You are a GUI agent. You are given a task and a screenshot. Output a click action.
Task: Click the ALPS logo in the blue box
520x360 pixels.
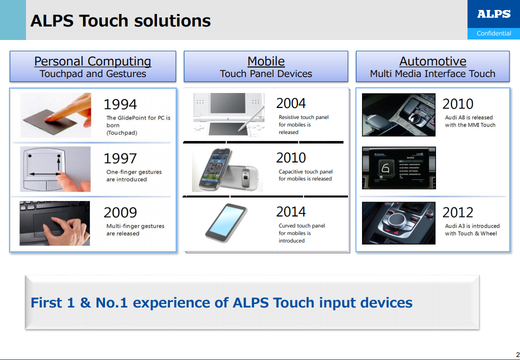(493, 14)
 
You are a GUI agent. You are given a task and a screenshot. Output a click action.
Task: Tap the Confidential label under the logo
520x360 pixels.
(494, 33)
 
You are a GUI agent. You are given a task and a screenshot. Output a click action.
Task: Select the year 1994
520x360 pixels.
(120, 104)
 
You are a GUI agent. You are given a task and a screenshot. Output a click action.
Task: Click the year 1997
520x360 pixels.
(120, 158)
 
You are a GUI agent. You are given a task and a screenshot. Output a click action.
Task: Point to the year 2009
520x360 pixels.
(120, 212)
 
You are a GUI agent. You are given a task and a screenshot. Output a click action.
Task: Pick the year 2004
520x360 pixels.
(291, 103)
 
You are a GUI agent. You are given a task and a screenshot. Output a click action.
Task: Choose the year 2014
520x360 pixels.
(291, 212)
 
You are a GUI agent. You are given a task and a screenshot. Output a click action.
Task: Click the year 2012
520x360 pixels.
(457, 212)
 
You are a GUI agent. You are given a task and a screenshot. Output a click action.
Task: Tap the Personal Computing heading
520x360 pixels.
(92, 61)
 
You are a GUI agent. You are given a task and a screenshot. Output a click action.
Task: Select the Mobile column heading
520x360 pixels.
(266, 61)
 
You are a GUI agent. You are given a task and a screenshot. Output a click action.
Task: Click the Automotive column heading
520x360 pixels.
(432, 61)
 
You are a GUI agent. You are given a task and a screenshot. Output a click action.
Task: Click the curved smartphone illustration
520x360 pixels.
(226, 223)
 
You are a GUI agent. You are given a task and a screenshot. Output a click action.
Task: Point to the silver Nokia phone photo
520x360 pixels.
(227, 169)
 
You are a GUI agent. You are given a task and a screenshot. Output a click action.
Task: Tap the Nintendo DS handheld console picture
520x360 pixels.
(229, 114)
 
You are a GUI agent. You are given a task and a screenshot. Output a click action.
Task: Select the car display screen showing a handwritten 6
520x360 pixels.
(398, 168)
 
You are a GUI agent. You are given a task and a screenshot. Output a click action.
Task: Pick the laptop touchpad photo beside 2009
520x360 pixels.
(54, 223)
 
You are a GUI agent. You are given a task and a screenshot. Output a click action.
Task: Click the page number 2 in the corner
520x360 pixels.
(517, 354)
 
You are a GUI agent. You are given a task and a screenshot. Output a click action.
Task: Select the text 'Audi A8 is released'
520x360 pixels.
(468, 117)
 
